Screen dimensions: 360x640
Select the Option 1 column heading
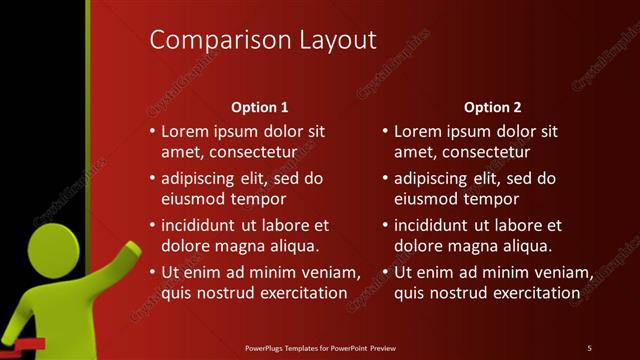[260, 107]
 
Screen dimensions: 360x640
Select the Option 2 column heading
[493, 107]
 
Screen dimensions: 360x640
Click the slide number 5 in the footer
[589, 348]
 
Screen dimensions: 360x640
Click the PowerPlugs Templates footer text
[321, 348]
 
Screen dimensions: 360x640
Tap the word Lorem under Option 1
[186, 132]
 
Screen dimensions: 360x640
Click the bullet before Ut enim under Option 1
[152, 273]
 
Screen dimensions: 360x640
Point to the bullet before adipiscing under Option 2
[385, 179]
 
